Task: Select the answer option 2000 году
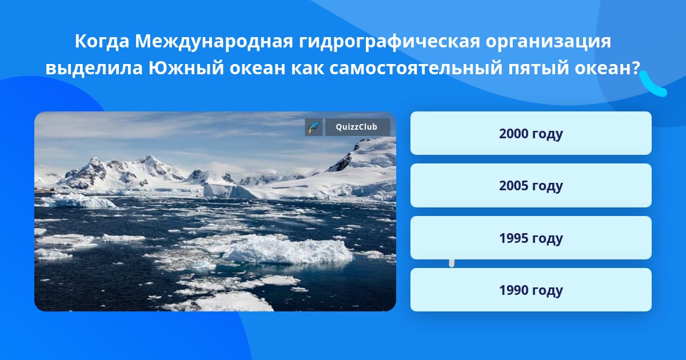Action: (x=531, y=133)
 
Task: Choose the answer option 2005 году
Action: (x=531, y=186)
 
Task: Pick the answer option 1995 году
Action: (x=531, y=238)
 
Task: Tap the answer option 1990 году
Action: (x=531, y=290)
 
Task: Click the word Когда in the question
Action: (x=102, y=42)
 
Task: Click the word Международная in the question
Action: (x=214, y=42)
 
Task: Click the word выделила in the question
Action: (x=94, y=69)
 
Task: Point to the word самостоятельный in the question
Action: (x=416, y=68)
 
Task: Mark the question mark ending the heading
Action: (x=634, y=67)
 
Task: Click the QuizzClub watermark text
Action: (x=357, y=127)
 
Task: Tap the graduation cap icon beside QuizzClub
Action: (x=314, y=127)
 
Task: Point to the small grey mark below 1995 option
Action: (x=452, y=263)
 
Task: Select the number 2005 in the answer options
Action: (x=513, y=185)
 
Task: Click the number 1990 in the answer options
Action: (x=513, y=290)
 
